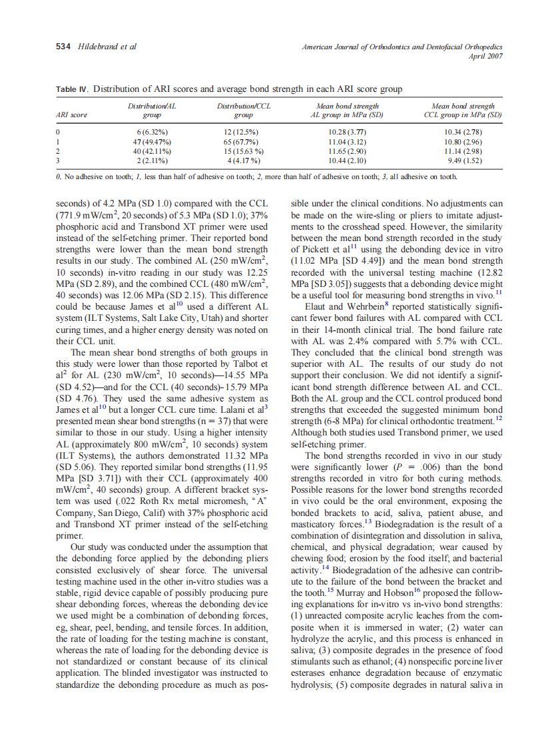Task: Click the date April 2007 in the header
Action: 485,56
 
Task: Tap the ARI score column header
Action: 71,115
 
